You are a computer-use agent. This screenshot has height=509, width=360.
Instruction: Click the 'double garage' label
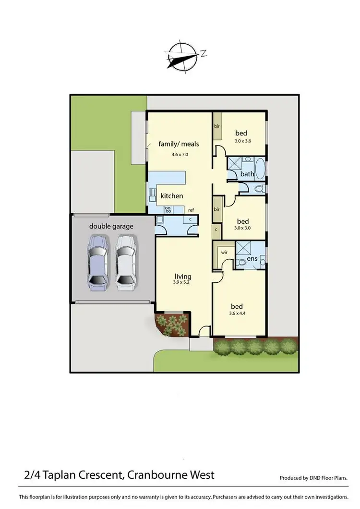(111, 226)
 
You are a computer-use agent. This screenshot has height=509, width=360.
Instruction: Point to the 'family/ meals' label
(179, 144)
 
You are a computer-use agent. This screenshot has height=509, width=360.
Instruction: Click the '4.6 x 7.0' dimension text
(179, 155)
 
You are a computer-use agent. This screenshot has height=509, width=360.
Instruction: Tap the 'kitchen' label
(171, 196)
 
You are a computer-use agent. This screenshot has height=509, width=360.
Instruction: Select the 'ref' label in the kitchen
(191, 210)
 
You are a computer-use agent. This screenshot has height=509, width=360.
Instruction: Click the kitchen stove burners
(169, 209)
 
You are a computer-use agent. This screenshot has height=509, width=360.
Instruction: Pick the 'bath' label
(247, 174)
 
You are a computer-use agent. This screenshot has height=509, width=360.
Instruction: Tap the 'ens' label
(252, 259)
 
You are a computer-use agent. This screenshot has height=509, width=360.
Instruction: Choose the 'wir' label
(224, 252)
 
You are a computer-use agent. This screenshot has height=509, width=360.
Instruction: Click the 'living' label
(183, 276)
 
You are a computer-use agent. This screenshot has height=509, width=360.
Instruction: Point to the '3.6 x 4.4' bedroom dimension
(237, 314)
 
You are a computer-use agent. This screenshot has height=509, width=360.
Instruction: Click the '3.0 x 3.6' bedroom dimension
(242, 141)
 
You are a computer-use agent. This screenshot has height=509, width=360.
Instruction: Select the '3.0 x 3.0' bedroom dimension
(242, 229)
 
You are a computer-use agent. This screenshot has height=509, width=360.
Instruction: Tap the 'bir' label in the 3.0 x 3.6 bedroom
(217, 126)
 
